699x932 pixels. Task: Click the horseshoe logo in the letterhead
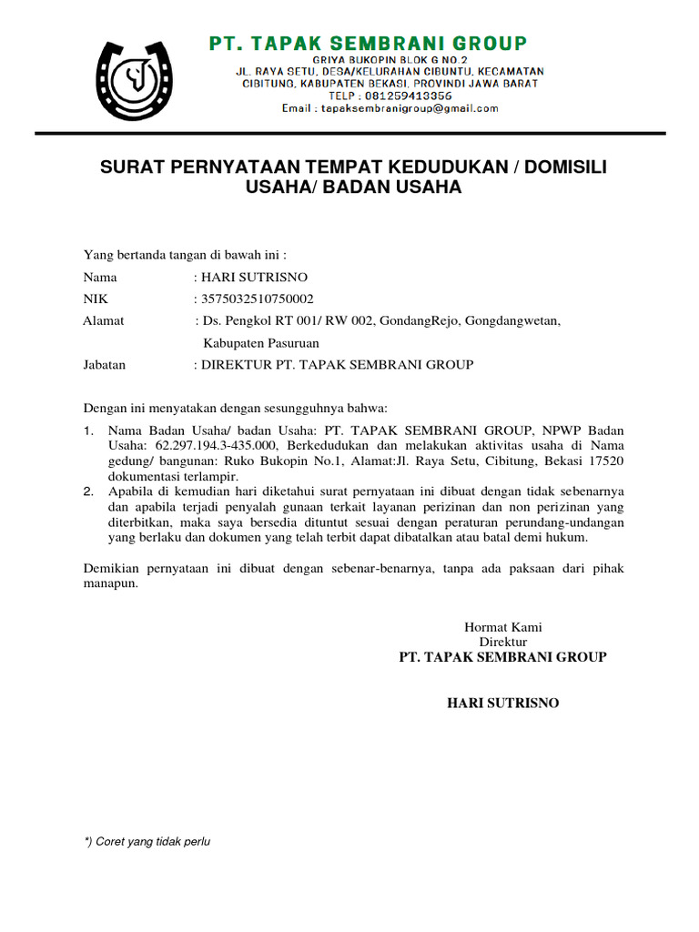tap(136, 83)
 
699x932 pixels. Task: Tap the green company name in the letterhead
tap(369, 43)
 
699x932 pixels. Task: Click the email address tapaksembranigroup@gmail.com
tap(390, 108)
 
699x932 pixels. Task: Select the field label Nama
tap(100, 277)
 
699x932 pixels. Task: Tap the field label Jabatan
tap(105, 365)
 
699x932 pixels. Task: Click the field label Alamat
tap(104, 320)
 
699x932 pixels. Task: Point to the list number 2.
tap(88, 491)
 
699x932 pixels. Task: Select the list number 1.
tap(88, 431)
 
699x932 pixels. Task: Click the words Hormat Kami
tap(503, 627)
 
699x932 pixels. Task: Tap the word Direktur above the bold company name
tap(503, 642)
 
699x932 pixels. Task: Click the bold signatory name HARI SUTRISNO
tap(502, 704)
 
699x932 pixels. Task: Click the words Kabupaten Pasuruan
tap(260, 343)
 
